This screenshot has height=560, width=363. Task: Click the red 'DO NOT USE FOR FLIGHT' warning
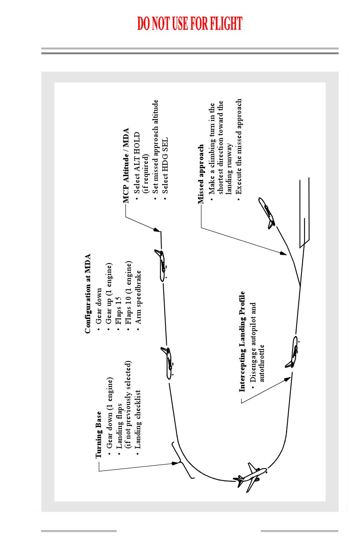190,23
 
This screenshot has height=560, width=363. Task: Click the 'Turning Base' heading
99,434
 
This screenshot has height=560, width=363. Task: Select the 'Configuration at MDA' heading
88,293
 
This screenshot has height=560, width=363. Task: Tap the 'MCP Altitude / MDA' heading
126,166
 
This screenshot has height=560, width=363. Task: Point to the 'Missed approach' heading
201,174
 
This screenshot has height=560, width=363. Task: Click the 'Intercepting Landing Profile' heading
242,342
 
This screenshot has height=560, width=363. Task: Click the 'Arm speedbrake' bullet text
138,297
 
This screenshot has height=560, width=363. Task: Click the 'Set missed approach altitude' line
156,147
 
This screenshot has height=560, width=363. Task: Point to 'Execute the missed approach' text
239,147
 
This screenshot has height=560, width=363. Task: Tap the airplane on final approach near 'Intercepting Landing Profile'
293,352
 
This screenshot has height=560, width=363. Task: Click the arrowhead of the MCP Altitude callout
157,230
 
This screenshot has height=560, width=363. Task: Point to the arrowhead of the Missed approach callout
283,253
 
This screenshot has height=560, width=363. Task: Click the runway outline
304,213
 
